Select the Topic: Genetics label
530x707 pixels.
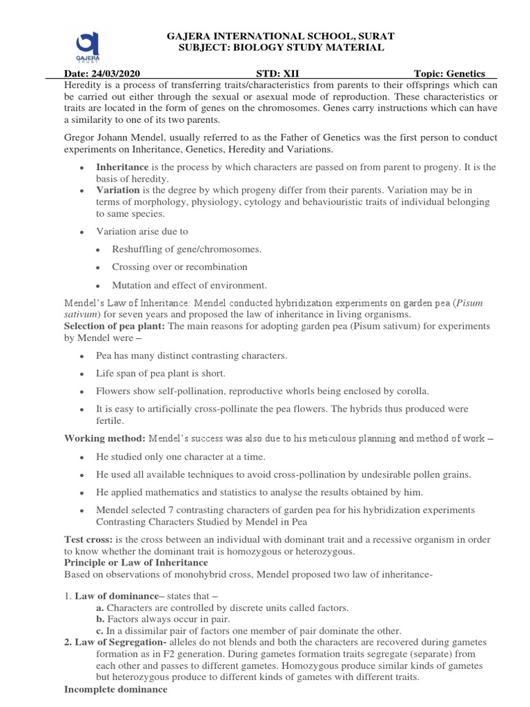pos(449,74)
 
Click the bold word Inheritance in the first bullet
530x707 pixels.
pos(122,168)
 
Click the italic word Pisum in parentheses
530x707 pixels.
pos(483,302)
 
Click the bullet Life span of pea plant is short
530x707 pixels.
pos(160,374)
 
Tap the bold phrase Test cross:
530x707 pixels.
pos(88,539)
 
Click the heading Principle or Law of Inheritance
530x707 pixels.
pos(130,563)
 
